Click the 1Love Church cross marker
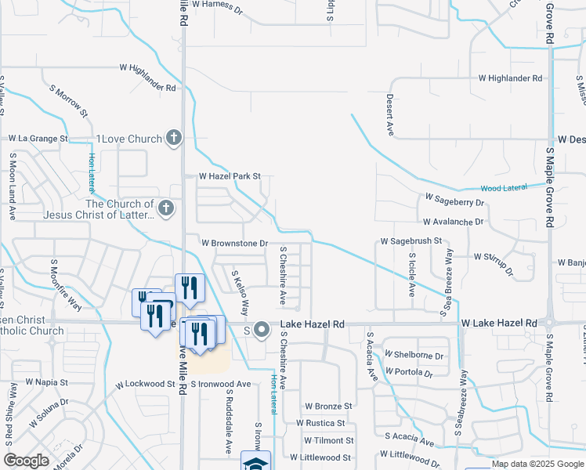(174, 139)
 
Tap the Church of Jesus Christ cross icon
(165, 208)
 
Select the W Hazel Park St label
(229, 177)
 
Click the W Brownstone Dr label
(235, 244)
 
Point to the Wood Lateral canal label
(502, 188)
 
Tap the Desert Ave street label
(389, 115)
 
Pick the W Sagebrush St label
(411, 241)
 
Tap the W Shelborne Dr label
(414, 356)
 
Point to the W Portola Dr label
(414, 371)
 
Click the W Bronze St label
(328, 406)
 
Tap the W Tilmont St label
(323, 441)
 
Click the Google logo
(27, 461)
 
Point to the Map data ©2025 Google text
(537, 464)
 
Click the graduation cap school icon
(255, 462)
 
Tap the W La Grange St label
(38, 139)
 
